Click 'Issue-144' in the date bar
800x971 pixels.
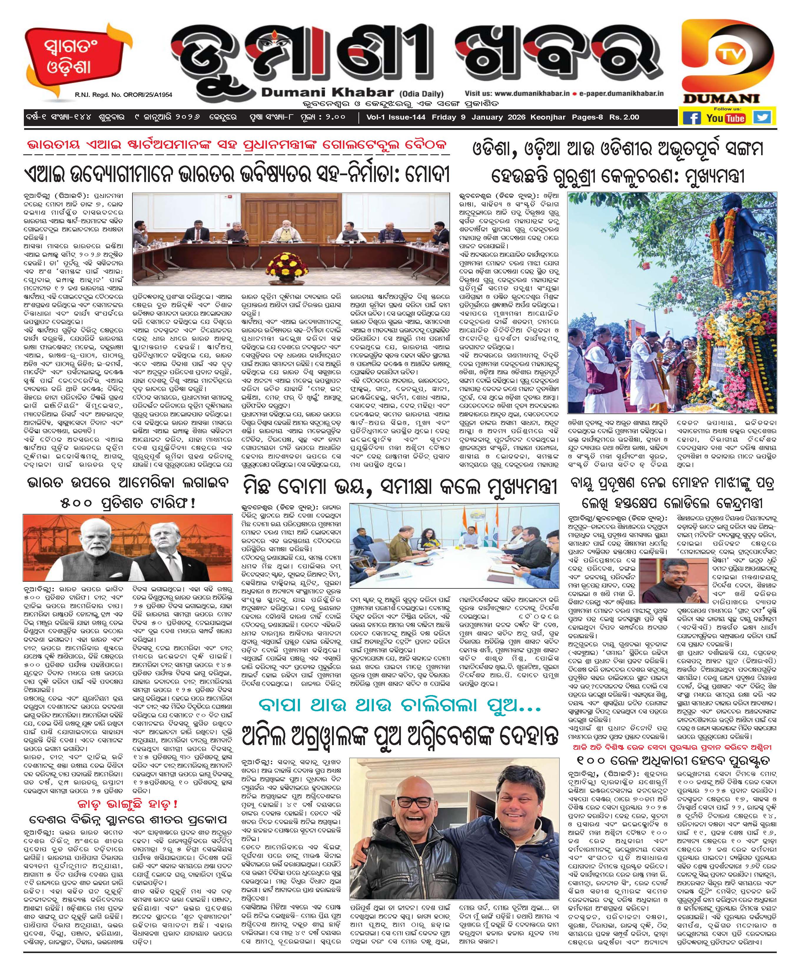coord(407,117)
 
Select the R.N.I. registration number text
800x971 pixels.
coord(124,95)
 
